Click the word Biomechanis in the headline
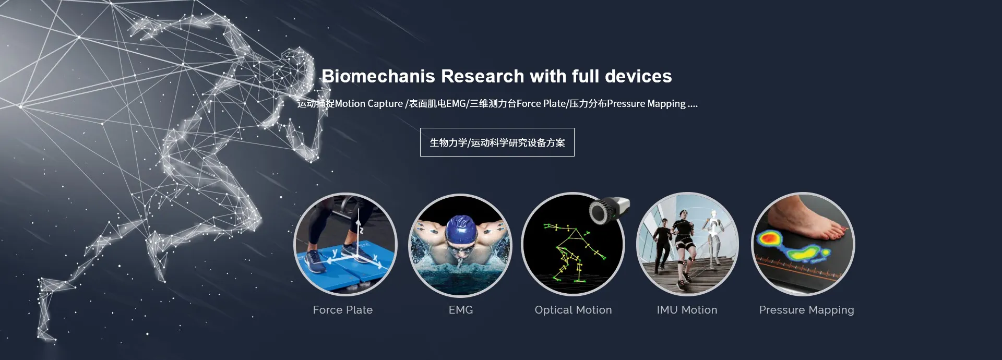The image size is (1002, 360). point(378,76)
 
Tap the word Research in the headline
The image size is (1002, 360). point(483,76)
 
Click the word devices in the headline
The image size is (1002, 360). point(638,76)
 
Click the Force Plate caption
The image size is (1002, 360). point(343,310)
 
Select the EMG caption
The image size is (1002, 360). point(461,310)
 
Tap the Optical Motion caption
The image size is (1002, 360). point(573,310)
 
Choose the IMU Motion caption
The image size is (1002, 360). point(687,310)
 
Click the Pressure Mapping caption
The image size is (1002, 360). point(806,310)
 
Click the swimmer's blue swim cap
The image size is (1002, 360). point(461,230)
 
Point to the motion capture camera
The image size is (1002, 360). point(610,210)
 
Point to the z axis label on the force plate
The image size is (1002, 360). point(360,230)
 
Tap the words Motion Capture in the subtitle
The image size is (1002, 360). point(369,104)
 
